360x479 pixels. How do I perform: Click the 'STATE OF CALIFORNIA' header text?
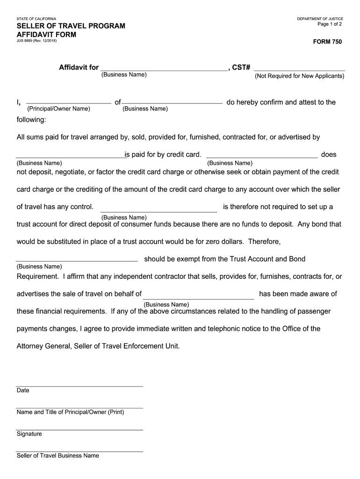tap(36, 19)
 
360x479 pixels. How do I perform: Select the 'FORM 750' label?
tap(327, 42)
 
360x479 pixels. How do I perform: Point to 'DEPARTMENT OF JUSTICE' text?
tap(320, 19)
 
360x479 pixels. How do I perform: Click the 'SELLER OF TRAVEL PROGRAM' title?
tap(71, 26)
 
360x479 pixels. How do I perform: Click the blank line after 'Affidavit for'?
tap(164, 67)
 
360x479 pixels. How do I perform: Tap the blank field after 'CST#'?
tap(299, 67)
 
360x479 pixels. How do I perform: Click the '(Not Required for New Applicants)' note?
tap(299, 76)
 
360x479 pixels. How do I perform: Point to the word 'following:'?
tap(31, 120)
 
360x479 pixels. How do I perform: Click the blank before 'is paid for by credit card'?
tap(70, 155)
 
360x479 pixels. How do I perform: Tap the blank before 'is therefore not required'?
tap(158, 207)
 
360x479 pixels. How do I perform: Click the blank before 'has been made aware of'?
tap(199, 294)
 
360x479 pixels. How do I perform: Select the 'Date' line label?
tap(23, 391)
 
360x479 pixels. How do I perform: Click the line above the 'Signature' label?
tap(79, 429)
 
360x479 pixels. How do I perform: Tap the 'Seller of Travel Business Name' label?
tap(58, 456)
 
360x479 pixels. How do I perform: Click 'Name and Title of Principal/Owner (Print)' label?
tap(70, 412)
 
